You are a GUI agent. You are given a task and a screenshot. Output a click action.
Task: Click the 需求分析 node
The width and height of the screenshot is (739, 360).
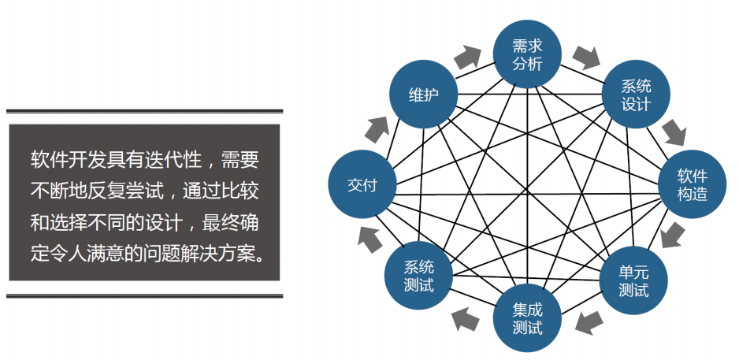point(527,54)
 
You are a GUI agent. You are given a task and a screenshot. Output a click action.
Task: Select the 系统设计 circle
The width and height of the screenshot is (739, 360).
point(636,95)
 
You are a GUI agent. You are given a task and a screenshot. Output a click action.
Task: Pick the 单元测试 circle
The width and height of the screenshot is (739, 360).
point(633,280)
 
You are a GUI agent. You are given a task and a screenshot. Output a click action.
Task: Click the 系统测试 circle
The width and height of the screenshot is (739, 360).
point(418,276)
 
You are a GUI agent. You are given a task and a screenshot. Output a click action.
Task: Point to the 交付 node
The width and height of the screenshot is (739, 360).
point(362,185)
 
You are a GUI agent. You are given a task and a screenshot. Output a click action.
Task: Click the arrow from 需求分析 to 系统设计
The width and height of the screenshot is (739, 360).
point(586,57)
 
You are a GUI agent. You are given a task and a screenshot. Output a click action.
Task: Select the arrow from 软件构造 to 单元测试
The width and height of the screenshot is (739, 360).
point(673,235)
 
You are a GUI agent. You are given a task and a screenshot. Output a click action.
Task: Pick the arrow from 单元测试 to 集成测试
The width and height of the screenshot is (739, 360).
point(588,321)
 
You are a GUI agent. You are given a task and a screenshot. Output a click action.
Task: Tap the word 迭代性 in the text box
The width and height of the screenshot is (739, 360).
point(173,160)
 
